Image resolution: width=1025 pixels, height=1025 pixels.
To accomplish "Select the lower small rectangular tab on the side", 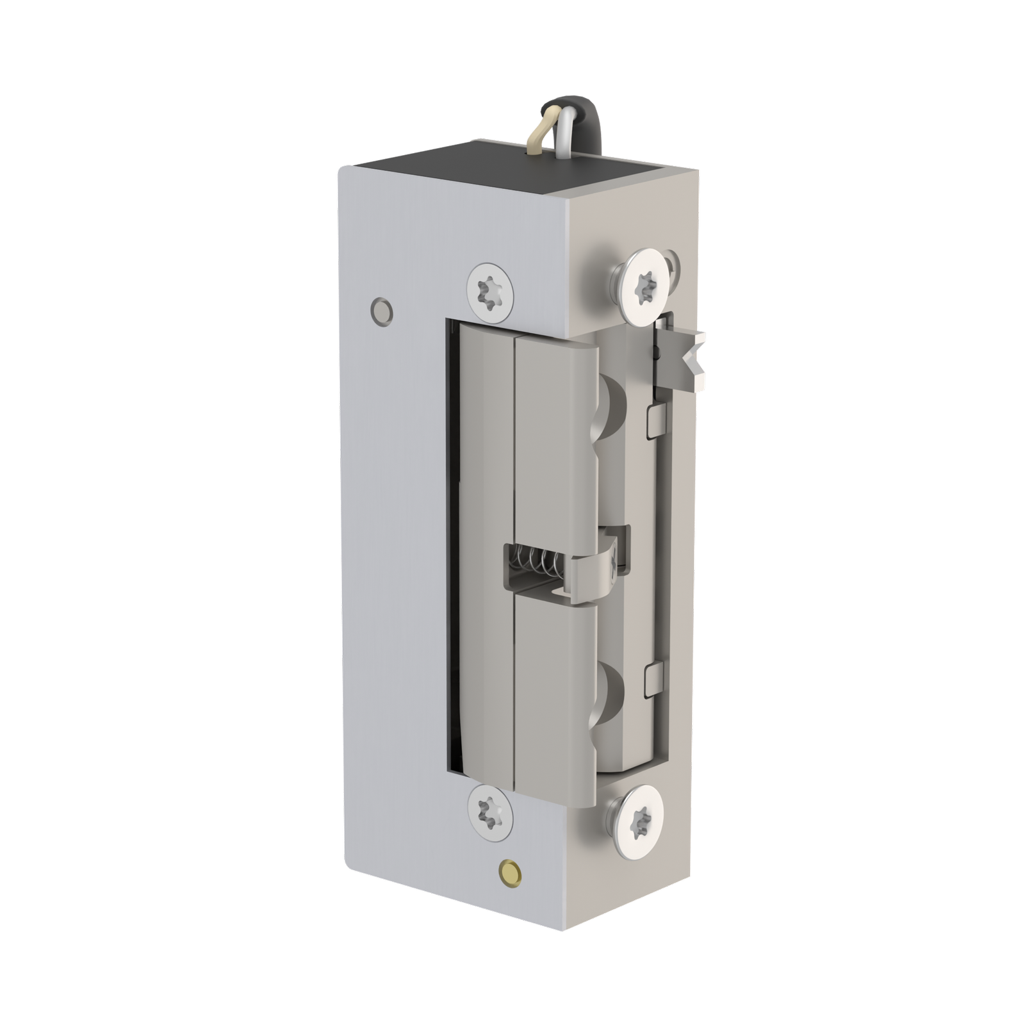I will (653, 678).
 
